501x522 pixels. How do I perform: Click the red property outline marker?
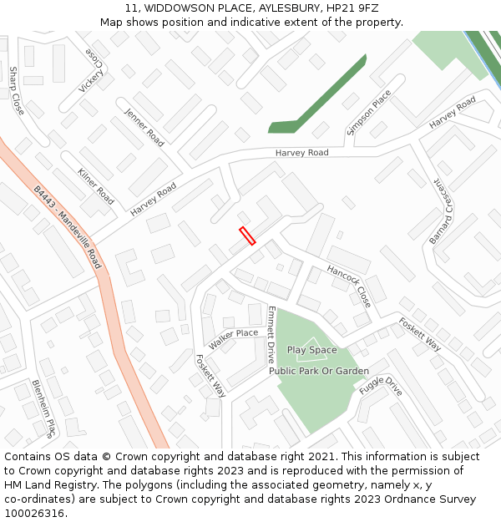[x=247, y=236]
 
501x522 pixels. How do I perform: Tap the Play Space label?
[x=311, y=350]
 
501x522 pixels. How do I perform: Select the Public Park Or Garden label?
[x=318, y=371]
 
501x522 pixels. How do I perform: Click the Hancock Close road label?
[x=349, y=285]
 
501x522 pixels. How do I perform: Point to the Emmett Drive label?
[x=271, y=333]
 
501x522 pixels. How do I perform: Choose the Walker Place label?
[x=233, y=338]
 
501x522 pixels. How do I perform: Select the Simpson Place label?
[x=368, y=112]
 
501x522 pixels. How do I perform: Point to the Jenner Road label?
[x=144, y=127]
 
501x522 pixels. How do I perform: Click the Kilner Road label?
[x=95, y=185]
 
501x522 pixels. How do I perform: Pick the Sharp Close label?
[x=17, y=91]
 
